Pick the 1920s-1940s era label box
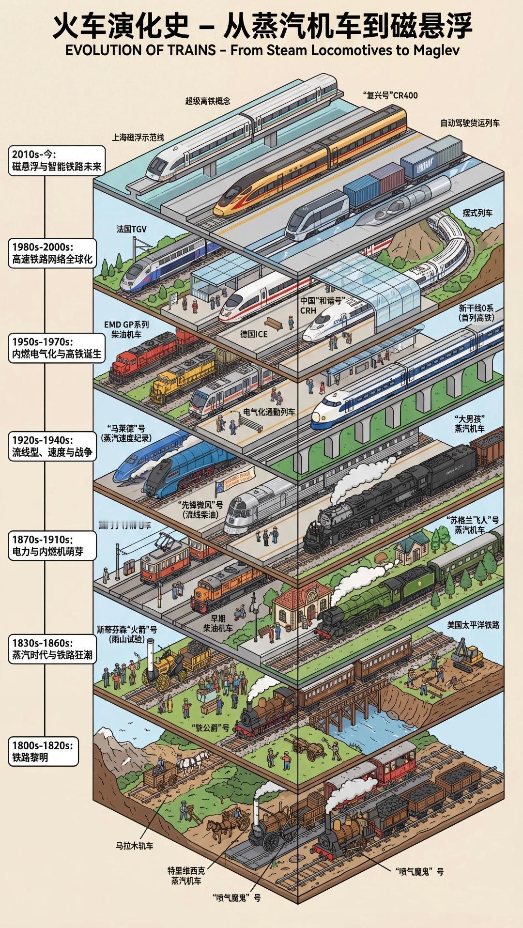(52, 447)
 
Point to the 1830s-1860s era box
(52, 650)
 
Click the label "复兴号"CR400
(390, 95)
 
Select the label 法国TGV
(131, 229)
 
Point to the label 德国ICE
(254, 334)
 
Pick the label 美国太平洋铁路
(473, 625)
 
